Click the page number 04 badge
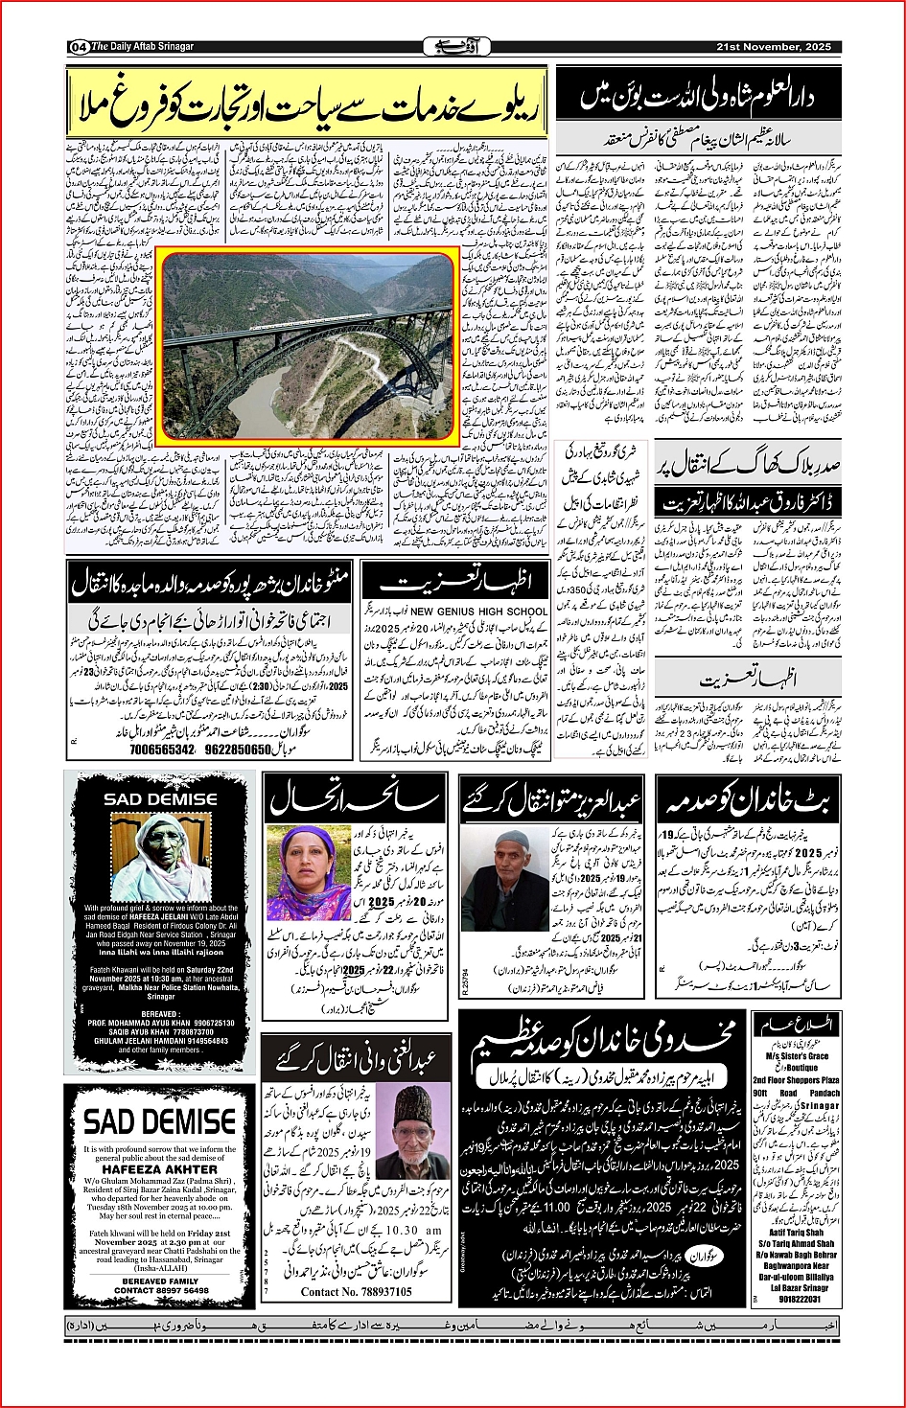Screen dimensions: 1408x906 (79, 47)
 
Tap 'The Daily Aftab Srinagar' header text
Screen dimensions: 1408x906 (143, 47)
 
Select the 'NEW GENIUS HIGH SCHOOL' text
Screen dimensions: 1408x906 (479, 611)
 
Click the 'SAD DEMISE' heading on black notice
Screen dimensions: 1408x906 (160, 798)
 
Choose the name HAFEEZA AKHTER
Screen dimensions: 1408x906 (160, 1169)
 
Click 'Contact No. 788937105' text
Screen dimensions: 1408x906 (356, 1291)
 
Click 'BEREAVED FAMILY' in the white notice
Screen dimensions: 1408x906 (160, 1281)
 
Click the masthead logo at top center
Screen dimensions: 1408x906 (453, 46)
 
